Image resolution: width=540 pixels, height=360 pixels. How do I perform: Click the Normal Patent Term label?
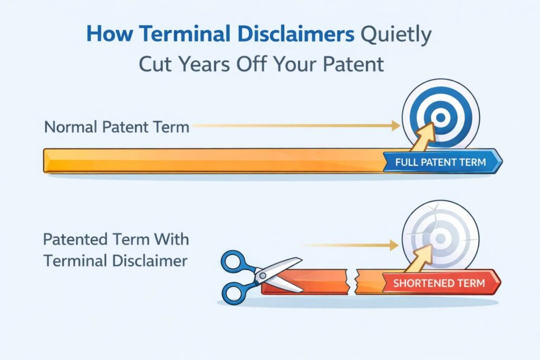pos(117,127)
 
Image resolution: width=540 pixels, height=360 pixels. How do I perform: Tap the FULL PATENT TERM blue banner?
pos(440,162)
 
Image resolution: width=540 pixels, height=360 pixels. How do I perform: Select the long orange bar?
pos(211,161)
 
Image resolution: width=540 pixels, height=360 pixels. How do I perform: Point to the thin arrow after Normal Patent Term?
pos(295,127)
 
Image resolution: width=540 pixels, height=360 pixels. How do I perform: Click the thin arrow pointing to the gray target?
pos(351,245)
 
